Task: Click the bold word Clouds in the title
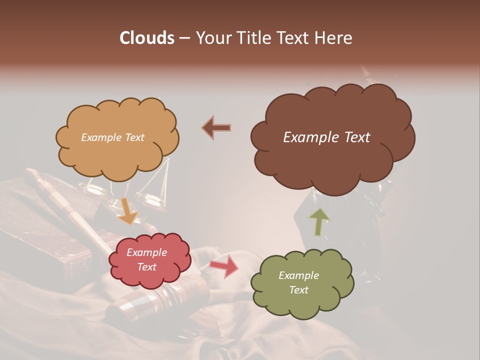click(147, 38)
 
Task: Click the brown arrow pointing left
click(216, 128)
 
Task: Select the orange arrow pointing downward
click(127, 210)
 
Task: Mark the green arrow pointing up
click(318, 222)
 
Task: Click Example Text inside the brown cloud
click(326, 137)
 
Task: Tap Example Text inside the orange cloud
click(112, 137)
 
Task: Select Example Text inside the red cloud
click(146, 259)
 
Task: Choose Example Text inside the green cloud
click(298, 282)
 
